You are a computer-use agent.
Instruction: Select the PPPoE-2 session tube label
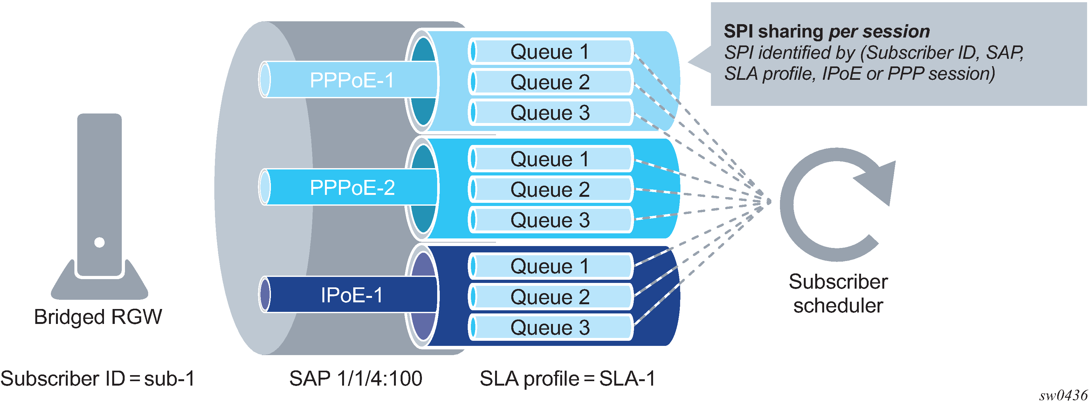pos(352,187)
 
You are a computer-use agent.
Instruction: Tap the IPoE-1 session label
pos(352,295)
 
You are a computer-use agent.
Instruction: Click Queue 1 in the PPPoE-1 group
pos(549,51)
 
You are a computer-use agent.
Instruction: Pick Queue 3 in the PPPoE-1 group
pos(549,113)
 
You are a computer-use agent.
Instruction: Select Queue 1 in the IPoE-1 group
pos(549,266)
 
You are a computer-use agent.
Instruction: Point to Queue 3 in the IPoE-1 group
pos(549,327)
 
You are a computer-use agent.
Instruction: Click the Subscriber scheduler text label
pos(838,293)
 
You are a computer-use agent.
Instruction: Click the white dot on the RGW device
pos(99,242)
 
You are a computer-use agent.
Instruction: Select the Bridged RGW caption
pos(98,317)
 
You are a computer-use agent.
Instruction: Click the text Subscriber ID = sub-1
pos(98,378)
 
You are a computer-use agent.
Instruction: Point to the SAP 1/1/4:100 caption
pos(355,378)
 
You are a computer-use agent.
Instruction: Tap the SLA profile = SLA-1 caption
pos(567,378)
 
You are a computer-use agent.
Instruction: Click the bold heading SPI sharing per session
pos(827,31)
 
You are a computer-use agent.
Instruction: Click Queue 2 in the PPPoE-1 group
pos(549,82)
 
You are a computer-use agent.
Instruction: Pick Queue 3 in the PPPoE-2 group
pos(549,220)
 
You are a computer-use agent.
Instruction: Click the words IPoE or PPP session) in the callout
pos(908,73)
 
